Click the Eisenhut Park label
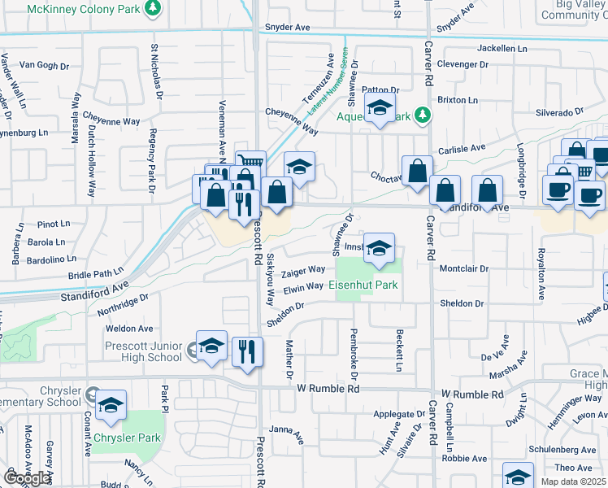pos(363,285)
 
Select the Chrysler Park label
pos(126,438)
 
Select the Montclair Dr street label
pos(463,268)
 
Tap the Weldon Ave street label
pos(129,329)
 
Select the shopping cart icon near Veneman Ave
pos(250,163)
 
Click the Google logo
pos(28,478)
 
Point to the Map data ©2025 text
pos(573,481)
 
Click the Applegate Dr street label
pos(399,415)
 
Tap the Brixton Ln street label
pos(458,100)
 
